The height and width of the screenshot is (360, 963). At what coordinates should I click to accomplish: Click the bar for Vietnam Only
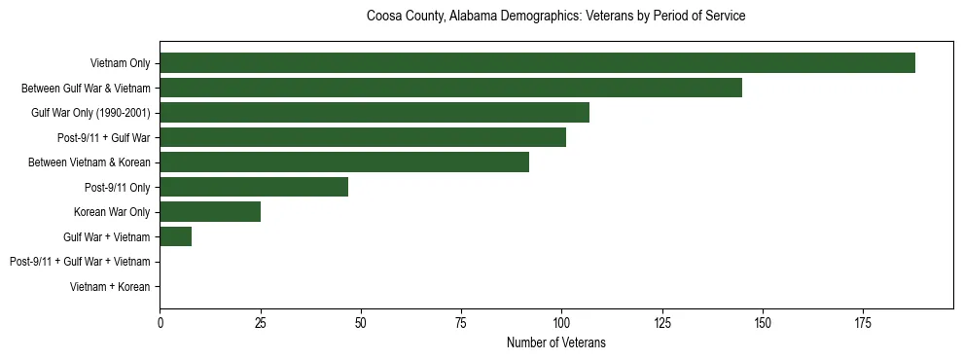[x=537, y=63]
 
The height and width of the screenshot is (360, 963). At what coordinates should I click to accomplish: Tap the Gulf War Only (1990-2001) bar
[x=374, y=113]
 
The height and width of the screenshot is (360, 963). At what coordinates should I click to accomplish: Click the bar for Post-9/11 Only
[x=254, y=187]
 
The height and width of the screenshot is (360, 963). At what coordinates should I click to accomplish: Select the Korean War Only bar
[x=210, y=212]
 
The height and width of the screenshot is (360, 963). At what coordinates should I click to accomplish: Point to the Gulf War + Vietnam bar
[x=176, y=236]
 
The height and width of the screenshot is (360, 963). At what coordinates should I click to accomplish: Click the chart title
[x=555, y=17]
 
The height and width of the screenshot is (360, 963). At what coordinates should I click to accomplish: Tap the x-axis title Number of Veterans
[x=555, y=342]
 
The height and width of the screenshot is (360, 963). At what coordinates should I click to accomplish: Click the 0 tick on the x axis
[x=160, y=321]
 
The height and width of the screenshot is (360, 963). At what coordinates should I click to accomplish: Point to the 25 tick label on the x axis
[x=260, y=321]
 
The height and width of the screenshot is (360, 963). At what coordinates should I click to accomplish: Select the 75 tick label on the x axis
[x=461, y=321]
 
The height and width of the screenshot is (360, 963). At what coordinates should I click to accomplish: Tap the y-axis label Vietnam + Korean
[x=110, y=287]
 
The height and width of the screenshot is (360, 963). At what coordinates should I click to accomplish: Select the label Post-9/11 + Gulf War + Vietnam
[x=80, y=262]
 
